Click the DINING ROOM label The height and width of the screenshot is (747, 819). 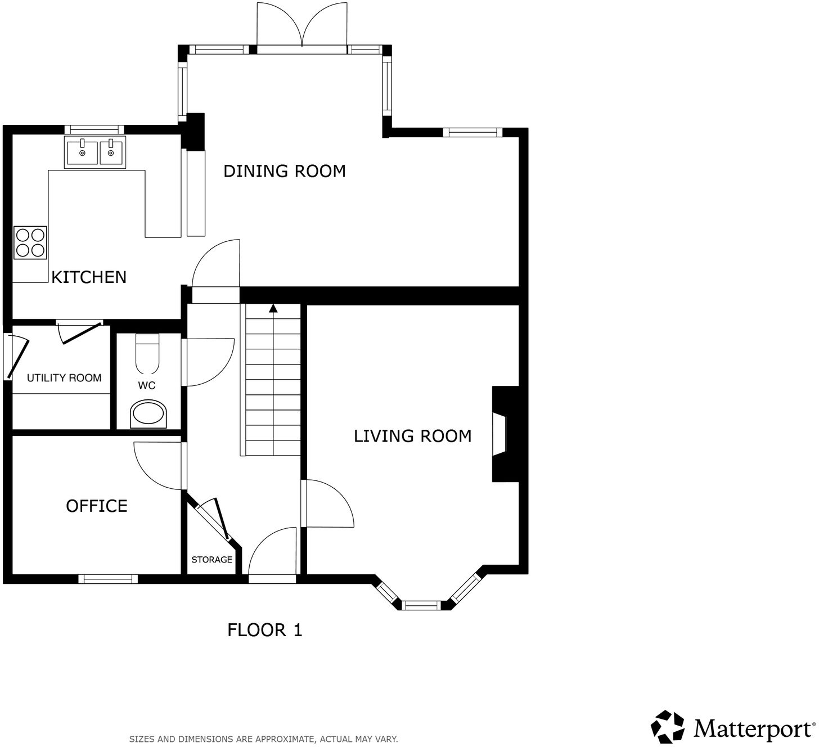pyautogui.click(x=284, y=171)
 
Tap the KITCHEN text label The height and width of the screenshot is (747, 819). pyautogui.click(x=89, y=277)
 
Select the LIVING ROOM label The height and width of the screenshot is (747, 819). pyautogui.click(x=412, y=436)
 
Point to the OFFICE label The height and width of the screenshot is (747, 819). pyautogui.click(x=97, y=506)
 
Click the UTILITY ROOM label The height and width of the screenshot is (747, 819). pyautogui.click(x=64, y=378)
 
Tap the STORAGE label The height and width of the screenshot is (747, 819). pyautogui.click(x=211, y=560)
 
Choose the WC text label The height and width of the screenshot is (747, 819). pyautogui.click(x=147, y=385)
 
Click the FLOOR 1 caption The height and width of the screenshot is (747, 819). pyautogui.click(x=264, y=630)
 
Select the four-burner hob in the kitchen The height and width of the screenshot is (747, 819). pyautogui.click(x=30, y=242)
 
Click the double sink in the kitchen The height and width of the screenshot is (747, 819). pyautogui.click(x=95, y=152)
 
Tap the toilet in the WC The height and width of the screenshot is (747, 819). pyautogui.click(x=147, y=354)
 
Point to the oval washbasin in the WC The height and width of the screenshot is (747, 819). pyautogui.click(x=148, y=415)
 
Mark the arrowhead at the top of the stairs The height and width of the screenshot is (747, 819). pyautogui.click(x=273, y=308)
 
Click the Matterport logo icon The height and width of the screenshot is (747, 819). pyautogui.click(x=668, y=726)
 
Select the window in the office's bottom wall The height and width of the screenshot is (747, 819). pyautogui.click(x=108, y=579)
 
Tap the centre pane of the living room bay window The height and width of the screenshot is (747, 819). pyautogui.click(x=422, y=605)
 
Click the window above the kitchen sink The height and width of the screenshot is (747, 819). pyautogui.click(x=93, y=129)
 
